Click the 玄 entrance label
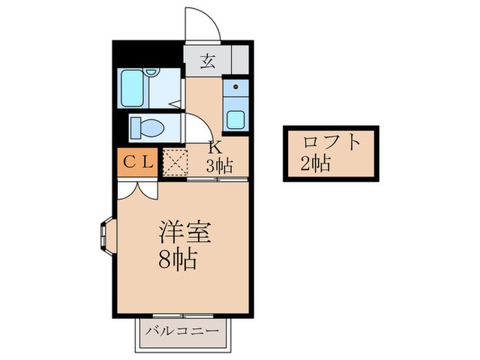(x=207, y=61)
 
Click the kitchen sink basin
(x=235, y=119)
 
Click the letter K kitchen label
(x=213, y=148)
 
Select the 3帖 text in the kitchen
(x=219, y=165)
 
